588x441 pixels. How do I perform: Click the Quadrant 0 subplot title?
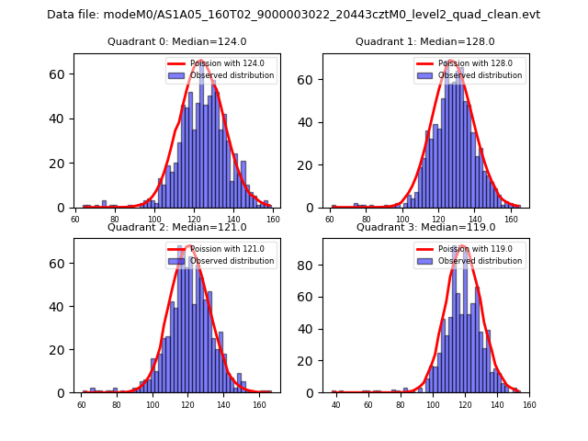(176, 41)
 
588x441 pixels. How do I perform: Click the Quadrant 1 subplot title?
(424, 41)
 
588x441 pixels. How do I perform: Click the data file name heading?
(293, 15)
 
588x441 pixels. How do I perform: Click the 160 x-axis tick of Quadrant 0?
(273, 220)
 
